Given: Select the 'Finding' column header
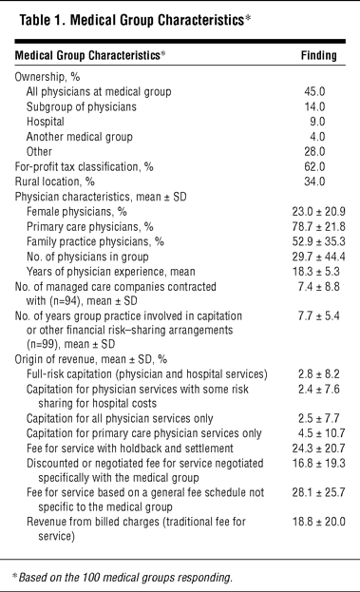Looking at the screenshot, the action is [x=318, y=55].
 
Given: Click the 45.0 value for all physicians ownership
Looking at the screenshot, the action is [x=314, y=91].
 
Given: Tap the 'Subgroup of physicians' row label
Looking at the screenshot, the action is [x=81, y=106].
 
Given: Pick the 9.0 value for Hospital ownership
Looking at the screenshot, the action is [x=317, y=122].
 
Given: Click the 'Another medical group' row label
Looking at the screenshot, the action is [x=79, y=137].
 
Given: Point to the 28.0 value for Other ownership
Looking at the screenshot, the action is [x=314, y=151].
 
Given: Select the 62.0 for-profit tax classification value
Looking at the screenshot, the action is [x=314, y=166].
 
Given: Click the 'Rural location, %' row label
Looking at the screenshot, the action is [x=54, y=181].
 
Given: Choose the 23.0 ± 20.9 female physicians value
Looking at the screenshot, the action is [x=318, y=211].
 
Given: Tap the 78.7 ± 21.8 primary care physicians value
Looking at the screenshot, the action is [x=318, y=226].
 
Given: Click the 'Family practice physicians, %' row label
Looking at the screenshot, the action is [x=95, y=241].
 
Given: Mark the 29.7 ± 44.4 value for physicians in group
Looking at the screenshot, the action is [x=318, y=257].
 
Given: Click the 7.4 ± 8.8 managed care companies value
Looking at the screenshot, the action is [x=318, y=287].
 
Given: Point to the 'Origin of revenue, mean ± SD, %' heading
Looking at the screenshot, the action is [x=90, y=359].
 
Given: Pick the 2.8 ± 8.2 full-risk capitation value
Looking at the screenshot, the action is [x=318, y=373].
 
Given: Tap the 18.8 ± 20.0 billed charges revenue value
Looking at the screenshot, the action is [x=318, y=522].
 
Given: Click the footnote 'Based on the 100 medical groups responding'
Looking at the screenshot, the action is [x=123, y=578].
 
